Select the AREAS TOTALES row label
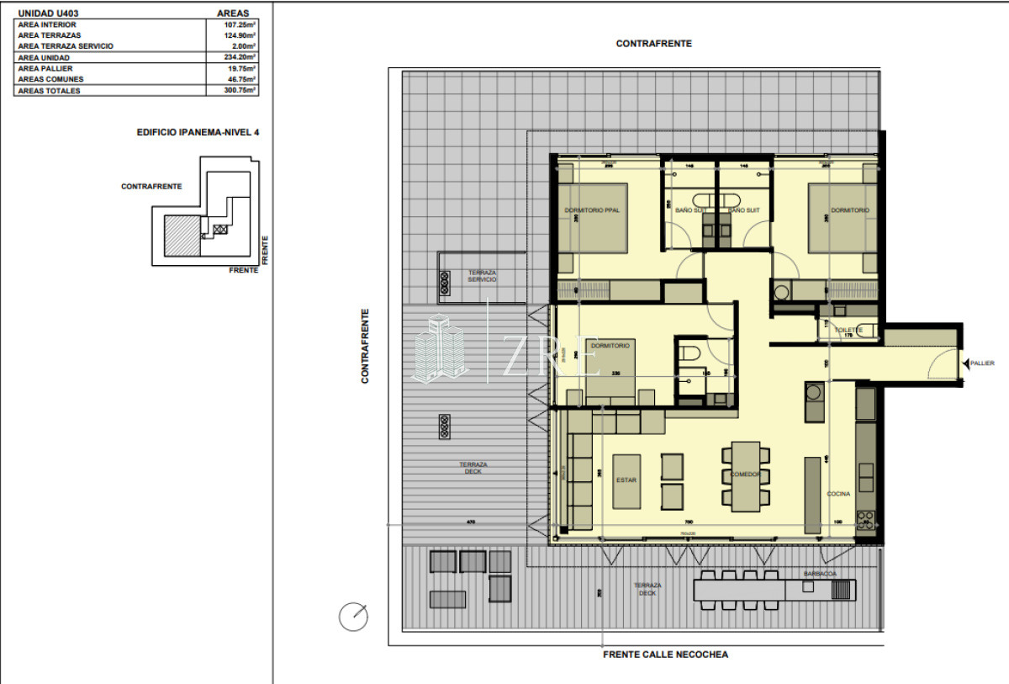click(x=50, y=91)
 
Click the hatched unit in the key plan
click(x=181, y=235)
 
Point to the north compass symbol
click(x=353, y=617)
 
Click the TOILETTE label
click(x=849, y=331)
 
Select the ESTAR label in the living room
click(x=626, y=480)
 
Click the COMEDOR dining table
click(x=745, y=476)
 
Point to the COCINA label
click(x=838, y=494)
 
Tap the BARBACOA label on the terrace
click(x=819, y=574)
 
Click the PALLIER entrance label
click(x=982, y=363)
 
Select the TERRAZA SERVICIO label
click(x=483, y=276)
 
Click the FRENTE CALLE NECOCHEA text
click(x=665, y=655)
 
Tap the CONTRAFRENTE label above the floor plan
click(x=653, y=44)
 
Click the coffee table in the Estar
click(x=626, y=481)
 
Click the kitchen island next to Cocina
click(x=811, y=495)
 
